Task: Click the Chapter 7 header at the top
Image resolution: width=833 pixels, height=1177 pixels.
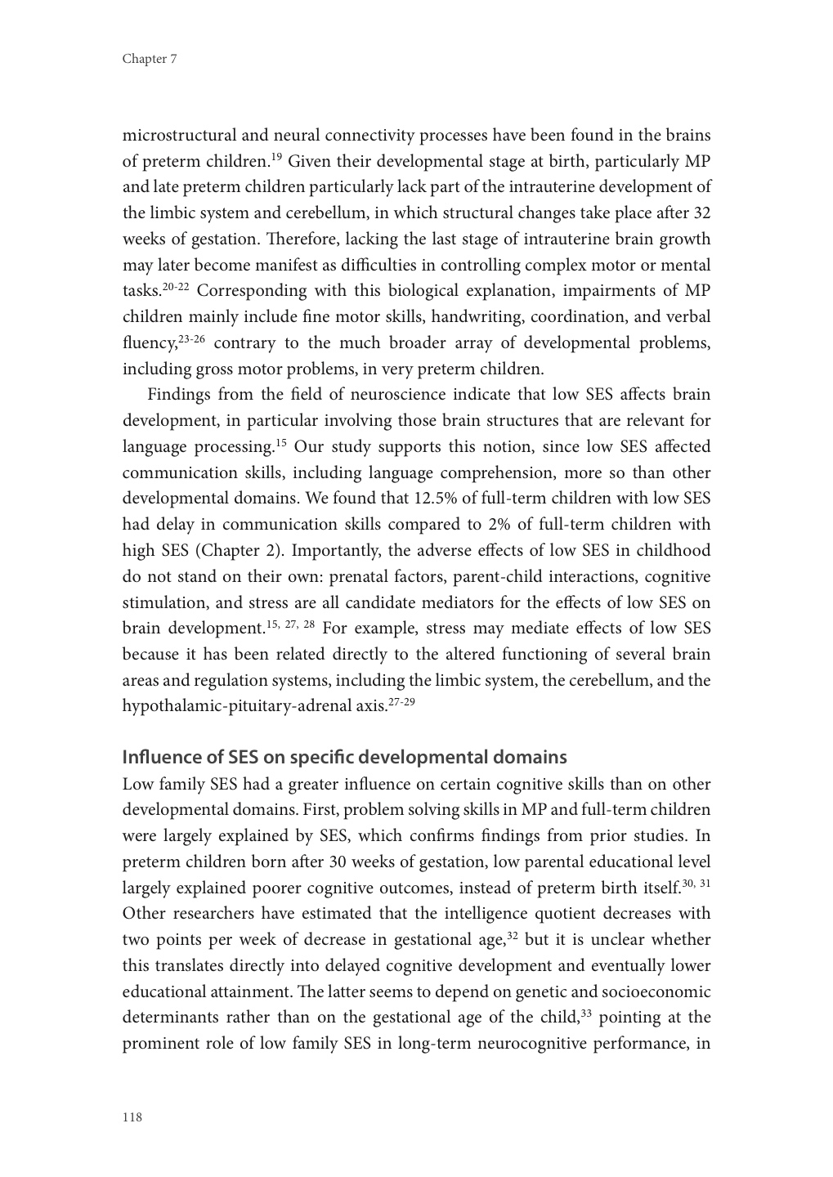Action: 150,59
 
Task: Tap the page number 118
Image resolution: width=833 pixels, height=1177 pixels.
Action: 132,1117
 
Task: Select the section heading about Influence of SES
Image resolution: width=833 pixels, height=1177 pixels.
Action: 344,757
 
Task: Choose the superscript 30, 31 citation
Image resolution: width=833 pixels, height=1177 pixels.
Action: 696,884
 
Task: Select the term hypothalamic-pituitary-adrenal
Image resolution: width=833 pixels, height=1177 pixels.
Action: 238,707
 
